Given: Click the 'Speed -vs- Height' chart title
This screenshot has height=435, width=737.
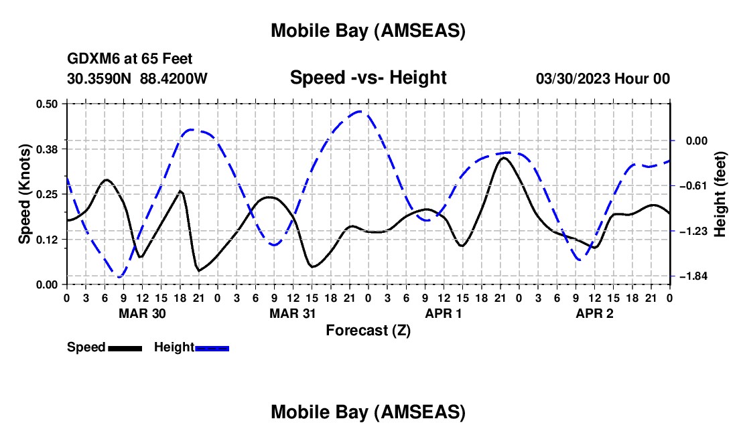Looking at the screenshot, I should point(368,78).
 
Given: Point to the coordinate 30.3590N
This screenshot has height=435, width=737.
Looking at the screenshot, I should point(100,78).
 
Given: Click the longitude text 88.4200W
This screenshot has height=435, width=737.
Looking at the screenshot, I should point(174,78).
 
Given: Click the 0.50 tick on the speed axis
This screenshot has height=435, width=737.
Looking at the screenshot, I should point(46,104).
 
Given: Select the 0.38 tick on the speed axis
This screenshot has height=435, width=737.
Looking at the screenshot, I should point(46,149).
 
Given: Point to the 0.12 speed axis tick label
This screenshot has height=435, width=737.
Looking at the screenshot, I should point(46,239).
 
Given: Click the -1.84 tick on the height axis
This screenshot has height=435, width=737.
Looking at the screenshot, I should point(693,276).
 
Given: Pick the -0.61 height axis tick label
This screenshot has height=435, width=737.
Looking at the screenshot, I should point(693,185).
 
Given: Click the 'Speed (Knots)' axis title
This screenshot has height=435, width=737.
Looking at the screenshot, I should point(25,193).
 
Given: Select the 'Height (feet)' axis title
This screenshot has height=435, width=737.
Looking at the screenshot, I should point(721,193).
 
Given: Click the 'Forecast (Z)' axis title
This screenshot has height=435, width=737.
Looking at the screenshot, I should point(368,330).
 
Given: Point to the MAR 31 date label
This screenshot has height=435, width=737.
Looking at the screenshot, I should point(293,313).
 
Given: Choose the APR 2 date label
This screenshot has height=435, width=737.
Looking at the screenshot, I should point(595,313).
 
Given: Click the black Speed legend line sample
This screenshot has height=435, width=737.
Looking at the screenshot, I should point(125,348).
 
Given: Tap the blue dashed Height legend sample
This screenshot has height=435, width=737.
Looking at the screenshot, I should point(212,348).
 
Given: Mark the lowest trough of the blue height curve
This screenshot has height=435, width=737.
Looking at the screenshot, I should point(120,276).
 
